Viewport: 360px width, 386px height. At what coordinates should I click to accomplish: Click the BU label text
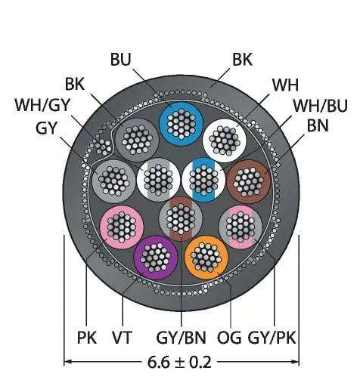pyautogui.click(x=121, y=60)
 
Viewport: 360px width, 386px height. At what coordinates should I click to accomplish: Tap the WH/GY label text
pyautogui.click(x=42, y=105)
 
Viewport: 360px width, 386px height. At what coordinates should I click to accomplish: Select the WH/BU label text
pyautogui.click(x=321, y=106)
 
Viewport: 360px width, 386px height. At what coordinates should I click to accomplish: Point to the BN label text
pyautogui.click(x=318, y=125)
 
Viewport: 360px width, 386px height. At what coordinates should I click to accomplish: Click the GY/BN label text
pyautogui.click(x=182, y=338)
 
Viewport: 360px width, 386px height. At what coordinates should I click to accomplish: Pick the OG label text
pyautogui.click(x=229, y=338)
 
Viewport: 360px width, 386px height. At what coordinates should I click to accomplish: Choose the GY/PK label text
pyautogui.click(x=272, y=338)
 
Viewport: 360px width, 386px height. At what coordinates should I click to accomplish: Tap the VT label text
pyautogui.click(x=122, y=338)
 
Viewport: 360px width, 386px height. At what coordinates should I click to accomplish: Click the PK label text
pyautogui.click(x=87, y=338)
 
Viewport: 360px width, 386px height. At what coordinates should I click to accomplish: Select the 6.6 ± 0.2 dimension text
pyautogui.click(x=179, y=363)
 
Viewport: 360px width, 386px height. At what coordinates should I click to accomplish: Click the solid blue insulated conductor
pyautogui.click(x=182, y=124)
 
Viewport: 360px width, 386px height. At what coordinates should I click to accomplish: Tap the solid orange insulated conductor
pyautogui.click(x=206, y=258)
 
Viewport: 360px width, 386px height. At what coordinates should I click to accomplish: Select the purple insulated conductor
pyautogui.click(x=156, y=258)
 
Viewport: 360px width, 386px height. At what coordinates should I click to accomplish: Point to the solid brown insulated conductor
pyautogui.click(x=249, y=181)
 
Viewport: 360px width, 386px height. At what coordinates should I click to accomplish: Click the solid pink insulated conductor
pyautogui.click(x=122, y=227)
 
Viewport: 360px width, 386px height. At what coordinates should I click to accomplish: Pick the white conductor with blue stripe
pyautogui.click(x=203, y=180)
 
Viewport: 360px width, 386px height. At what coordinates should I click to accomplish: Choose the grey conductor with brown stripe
pyautogui.click(x=181, y=219)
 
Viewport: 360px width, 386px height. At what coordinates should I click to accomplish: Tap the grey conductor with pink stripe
pyautogui.click(x=241, y=227)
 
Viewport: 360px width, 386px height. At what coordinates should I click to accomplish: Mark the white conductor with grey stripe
pyautogui.click(x=158, y=180)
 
